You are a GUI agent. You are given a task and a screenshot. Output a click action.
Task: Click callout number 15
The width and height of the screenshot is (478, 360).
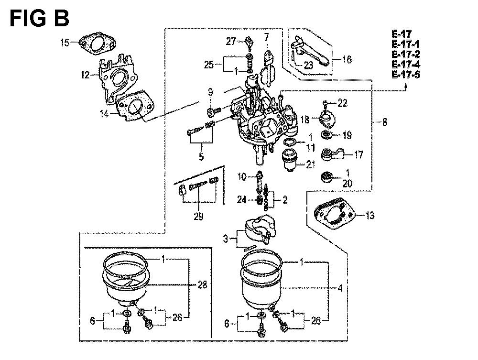(x=65, y=43)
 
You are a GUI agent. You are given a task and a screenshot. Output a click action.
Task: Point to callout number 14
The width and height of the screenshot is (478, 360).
(x=104, y=114)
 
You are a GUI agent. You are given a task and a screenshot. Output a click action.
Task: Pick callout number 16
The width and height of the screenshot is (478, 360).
(x=347, y=59)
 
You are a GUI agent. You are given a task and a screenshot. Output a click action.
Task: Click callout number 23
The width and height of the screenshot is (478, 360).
(x=308, y=65)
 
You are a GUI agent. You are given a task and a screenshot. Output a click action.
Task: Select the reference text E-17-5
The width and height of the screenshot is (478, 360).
(x=406, y=75)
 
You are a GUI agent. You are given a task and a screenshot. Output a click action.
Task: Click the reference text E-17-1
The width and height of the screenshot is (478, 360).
(x=406, y=44)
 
